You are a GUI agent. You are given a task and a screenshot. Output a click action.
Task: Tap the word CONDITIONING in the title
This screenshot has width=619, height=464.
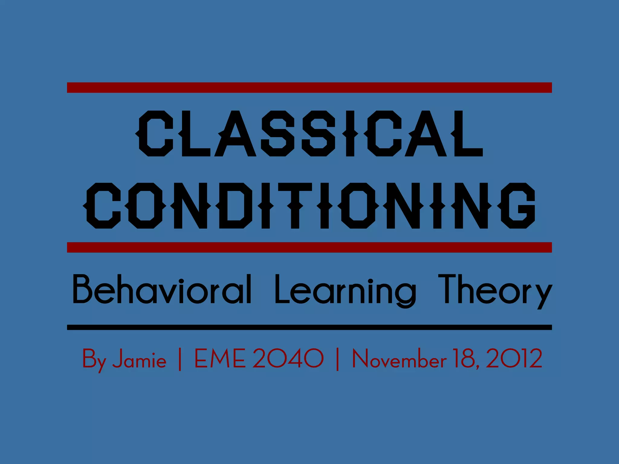(309, 205)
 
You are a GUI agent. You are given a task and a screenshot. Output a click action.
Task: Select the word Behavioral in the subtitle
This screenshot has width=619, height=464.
(162, 289)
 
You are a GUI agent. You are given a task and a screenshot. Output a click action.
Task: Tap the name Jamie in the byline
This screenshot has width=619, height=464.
(139, 359)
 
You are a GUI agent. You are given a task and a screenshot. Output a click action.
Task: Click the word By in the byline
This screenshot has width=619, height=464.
(94, 359)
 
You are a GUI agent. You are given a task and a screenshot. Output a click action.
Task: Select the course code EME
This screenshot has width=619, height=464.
(219, 359)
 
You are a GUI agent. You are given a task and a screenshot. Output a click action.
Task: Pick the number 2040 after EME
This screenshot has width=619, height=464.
(288, 359)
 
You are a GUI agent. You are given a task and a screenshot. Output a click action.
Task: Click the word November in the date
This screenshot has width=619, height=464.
(399, 359)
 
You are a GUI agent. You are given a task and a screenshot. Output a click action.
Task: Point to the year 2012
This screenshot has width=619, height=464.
(514, 359)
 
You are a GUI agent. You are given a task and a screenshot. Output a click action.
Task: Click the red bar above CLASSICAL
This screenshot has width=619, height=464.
(309, 87)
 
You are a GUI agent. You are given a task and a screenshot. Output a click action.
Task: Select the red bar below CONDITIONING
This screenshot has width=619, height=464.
(309, 247)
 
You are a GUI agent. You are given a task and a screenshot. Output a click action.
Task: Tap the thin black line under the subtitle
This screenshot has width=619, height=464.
(309, 327)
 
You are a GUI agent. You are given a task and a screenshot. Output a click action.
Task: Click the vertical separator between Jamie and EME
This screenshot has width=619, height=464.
(180, 359)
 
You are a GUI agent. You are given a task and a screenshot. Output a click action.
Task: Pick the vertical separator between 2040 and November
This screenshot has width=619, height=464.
(338, 359)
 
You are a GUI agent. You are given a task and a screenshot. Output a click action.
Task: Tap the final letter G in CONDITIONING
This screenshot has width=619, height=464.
(517, 205)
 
